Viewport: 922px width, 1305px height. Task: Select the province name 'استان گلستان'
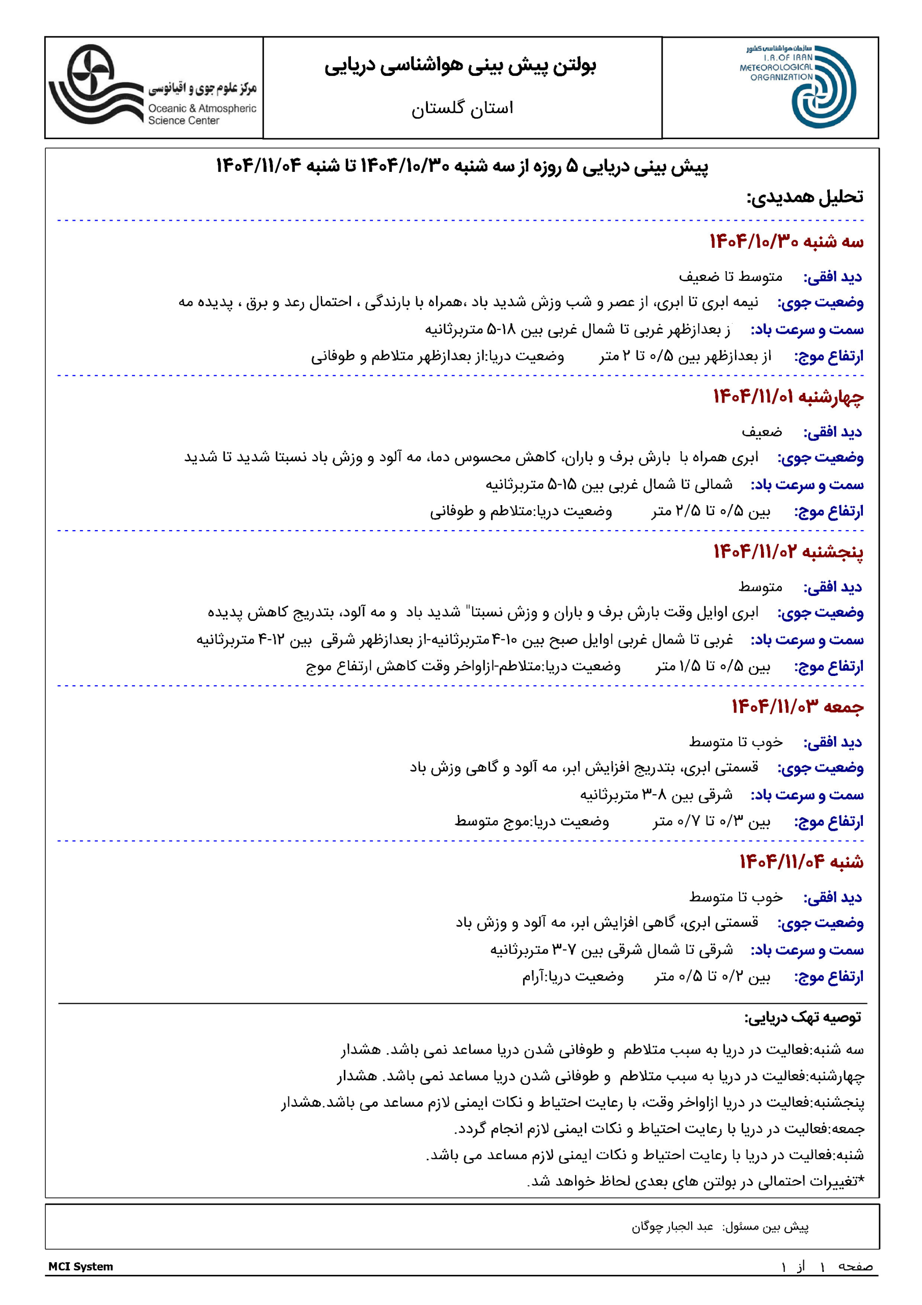(x=462, y=108)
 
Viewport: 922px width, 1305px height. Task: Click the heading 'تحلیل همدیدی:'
(x=804, y=197)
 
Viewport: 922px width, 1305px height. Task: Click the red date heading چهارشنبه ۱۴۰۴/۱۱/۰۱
(x=788, y=397)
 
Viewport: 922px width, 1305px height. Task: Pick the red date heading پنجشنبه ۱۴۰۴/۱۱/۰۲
(x=788, y=552)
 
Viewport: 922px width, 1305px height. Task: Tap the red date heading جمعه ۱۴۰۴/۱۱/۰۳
(x=797, y=707)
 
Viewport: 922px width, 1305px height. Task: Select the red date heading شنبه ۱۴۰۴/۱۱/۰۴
(x=801, y=862)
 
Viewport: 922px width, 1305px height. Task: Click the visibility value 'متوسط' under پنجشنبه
(x=760, y=587)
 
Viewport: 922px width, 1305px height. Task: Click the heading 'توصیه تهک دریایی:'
(x=802, y=1017)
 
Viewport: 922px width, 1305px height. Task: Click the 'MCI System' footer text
(x=80, y=1266)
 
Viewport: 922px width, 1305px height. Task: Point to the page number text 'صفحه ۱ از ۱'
(x=827, y=1266)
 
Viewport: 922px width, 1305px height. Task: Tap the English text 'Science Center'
(x=183, y=120)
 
